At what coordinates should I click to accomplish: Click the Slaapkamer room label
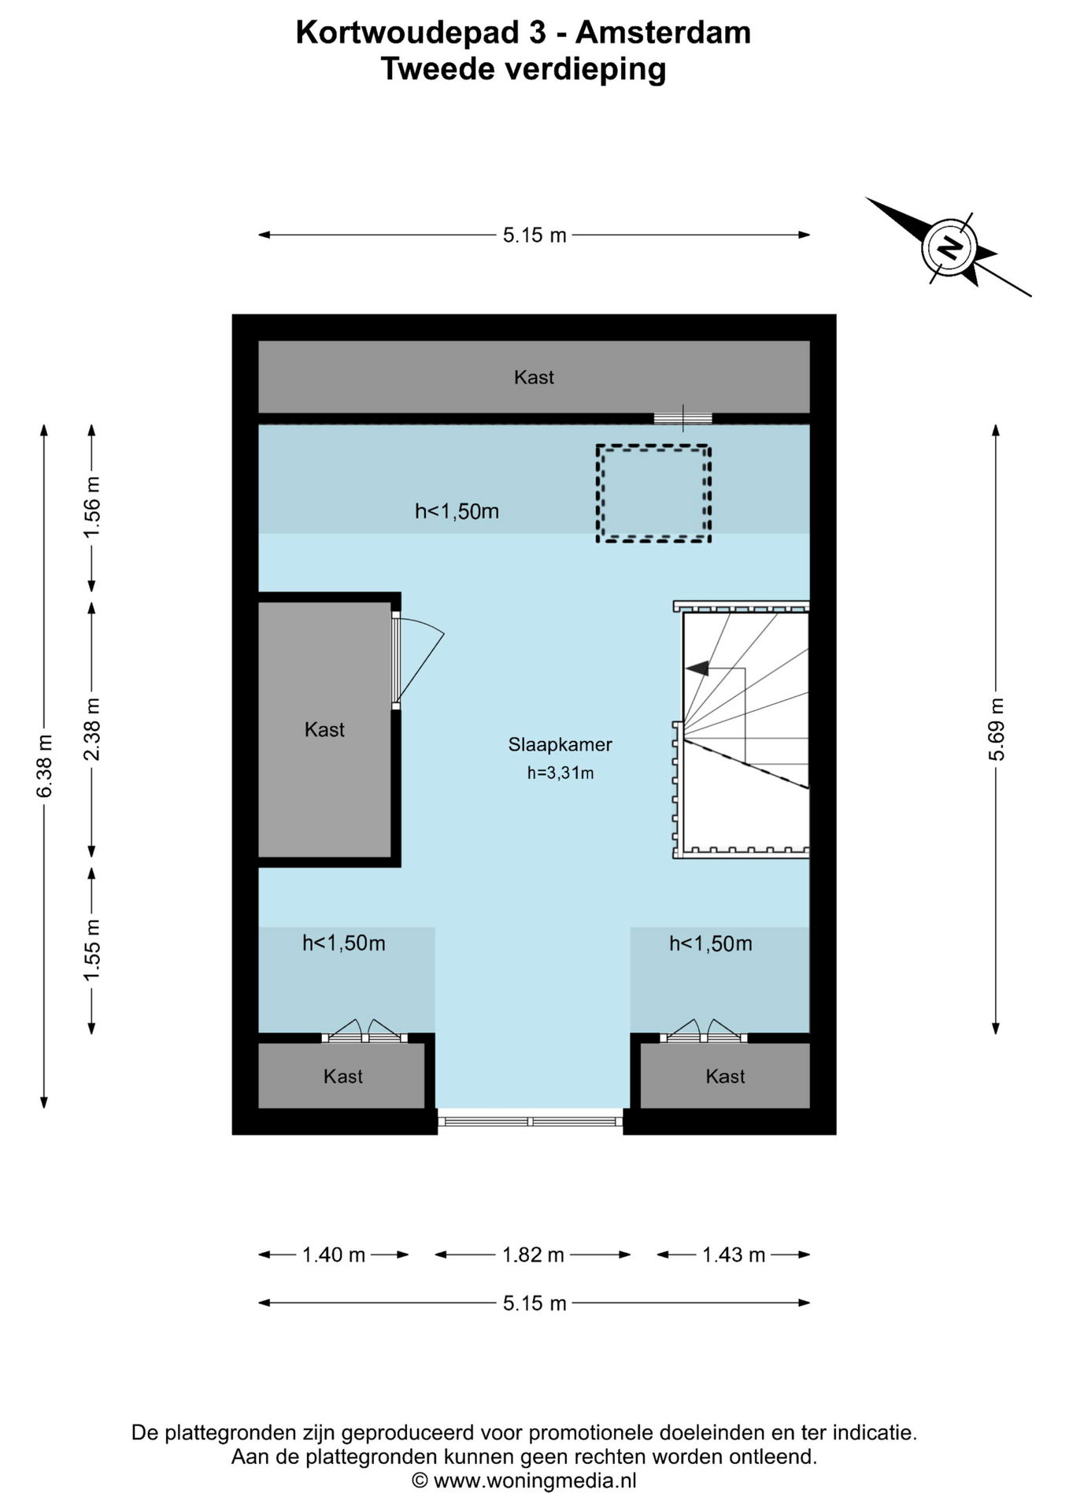[560, 744]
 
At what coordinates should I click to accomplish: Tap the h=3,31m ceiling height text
[560, 773]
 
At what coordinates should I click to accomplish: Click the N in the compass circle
[949, 248]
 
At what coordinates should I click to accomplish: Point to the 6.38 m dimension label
[44, 765]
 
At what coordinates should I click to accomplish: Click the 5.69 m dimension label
[996, 729]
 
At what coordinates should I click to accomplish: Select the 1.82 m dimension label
[533, 1254]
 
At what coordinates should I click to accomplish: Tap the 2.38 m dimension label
[92, 729]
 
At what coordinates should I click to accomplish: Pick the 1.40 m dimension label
[334, 1254]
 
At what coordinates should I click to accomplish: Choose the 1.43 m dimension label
[734, 1254]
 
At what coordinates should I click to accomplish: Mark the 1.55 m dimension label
[92, 951]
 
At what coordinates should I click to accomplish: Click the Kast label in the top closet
[534, 377]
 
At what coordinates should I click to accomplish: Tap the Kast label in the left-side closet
[324, 729]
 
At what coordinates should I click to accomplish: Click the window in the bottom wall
[530, 1121]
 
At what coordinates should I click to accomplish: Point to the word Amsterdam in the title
[663, 33]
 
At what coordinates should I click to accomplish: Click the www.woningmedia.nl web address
[534, 1480]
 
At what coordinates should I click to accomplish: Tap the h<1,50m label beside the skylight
[457, 511]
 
